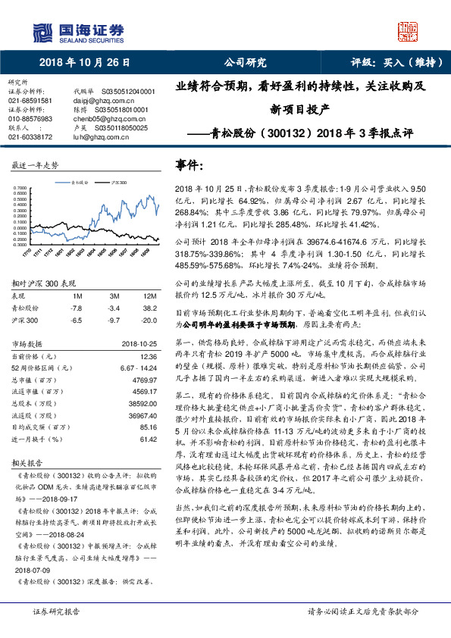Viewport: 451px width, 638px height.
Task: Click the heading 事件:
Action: (189, 164)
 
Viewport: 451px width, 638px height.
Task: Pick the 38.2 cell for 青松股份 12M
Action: (151, 308)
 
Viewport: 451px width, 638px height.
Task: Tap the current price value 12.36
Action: (148, 356)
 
